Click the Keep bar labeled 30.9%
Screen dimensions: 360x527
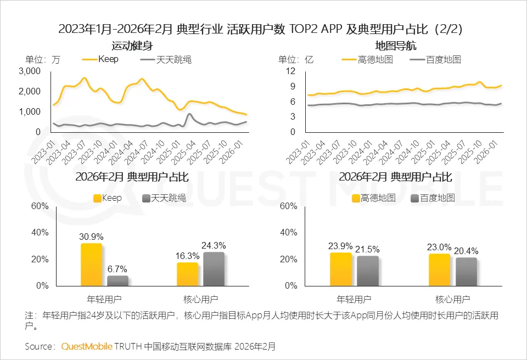(x=91, y=264)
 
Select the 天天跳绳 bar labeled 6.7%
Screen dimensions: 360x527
(x=117, y=280)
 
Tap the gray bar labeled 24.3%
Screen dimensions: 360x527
(x=214, y=269)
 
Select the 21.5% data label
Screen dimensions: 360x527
(x=368, y=249)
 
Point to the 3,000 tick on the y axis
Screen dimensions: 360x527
(x=30, y=71)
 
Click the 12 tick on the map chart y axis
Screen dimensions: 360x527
(x=291, y=71)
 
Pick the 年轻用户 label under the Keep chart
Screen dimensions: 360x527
(x=105, y=300)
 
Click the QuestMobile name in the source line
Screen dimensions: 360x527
(x=87, y=346)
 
